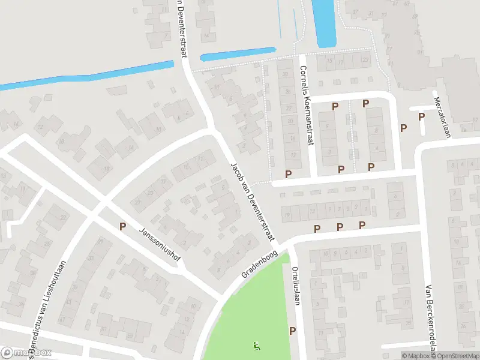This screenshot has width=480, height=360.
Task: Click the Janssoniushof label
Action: [x=160, y=246]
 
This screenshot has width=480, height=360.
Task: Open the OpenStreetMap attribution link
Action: [x=456, y=356]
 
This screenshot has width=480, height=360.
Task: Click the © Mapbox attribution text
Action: [x=417, y=356]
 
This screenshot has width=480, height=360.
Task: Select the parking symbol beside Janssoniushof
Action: [x=122, y=227]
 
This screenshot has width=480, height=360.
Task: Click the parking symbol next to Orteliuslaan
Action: [x=293, y=331]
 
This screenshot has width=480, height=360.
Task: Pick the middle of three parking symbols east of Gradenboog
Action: [x=340, y=226]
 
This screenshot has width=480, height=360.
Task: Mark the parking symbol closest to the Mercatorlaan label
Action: [x=421, y=117]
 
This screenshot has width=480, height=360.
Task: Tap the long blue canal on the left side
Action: [x=84, y=76]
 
